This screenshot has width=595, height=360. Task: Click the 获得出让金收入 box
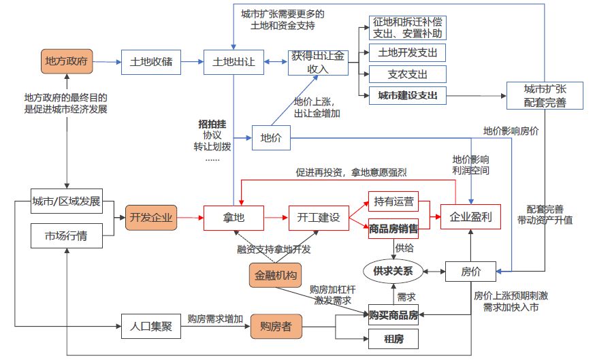318,63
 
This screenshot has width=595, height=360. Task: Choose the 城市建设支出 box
407,96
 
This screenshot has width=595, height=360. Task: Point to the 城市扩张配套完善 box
545,97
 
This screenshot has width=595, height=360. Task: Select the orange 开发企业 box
150,218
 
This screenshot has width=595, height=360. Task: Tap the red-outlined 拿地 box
234,218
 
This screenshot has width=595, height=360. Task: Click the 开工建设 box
318,218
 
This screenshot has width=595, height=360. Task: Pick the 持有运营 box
393,201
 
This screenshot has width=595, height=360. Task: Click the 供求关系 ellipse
393,271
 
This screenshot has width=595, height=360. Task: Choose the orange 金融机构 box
275,276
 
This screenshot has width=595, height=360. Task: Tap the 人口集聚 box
150,326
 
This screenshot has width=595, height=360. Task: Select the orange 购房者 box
275,326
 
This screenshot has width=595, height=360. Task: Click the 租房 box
393,338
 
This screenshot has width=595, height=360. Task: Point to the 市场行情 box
67,236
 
